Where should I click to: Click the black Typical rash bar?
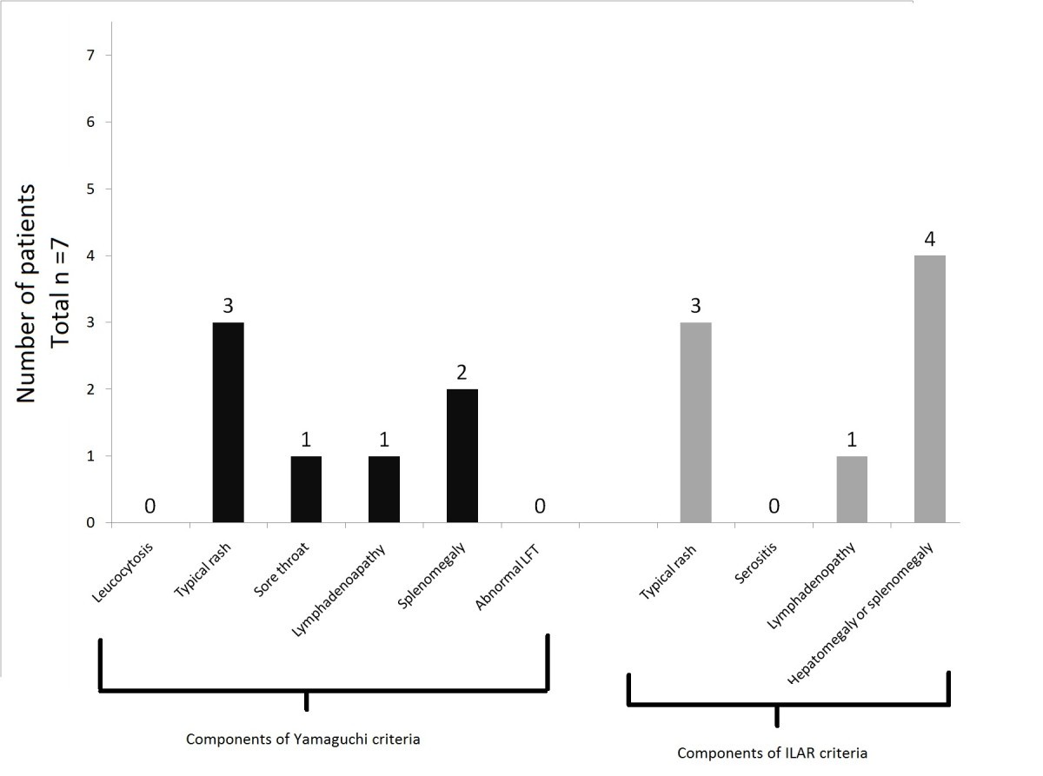coord(229,422)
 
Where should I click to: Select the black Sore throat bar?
coord(305,489)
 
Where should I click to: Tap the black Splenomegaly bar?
coord(462,455)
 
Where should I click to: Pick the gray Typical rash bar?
coord(695,422)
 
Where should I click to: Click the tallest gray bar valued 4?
coord(929,388)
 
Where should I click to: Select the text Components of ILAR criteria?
coord(773,753)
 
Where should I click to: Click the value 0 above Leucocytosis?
coord(149,506)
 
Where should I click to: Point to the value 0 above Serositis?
coord(774,506)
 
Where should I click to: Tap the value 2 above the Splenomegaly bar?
coord(462,372)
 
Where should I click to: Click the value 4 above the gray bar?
coord(929,239)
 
